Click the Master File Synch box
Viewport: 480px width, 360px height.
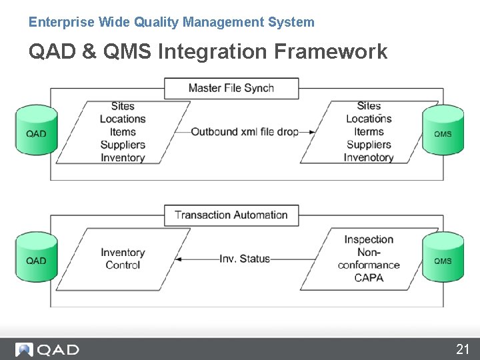(x=231, y=88)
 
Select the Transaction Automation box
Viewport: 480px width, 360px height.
(x=231, y=215)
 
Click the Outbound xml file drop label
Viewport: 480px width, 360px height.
(x=245, y=132)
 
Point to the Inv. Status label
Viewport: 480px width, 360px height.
(x=245, y=259)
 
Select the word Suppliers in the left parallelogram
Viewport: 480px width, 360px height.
(x=123, y=145)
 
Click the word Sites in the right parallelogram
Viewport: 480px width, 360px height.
(x=369, y=106)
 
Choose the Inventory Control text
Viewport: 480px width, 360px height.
(x=123, y=259)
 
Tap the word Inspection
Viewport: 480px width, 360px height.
(x=369, y=239)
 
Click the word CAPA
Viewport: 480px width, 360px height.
(x=369, y=277)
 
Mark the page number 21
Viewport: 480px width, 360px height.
(x=463, y=349)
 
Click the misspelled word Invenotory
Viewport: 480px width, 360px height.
(x=369, y=157)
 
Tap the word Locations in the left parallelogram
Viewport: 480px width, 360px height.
(x=123, y=119)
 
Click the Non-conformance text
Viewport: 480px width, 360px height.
(x=369, y=259)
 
